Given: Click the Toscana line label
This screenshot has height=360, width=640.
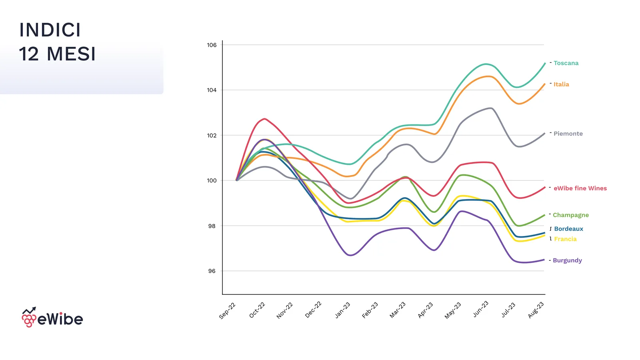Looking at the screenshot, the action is pos(566,63).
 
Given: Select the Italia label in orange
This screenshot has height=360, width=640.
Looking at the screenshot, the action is pos(561,84).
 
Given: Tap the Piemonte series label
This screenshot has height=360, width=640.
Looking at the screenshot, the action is pos(568,134).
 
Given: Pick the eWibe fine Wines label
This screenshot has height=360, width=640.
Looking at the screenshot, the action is pos(580,188).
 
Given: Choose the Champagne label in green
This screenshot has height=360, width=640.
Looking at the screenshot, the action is pos(570,215).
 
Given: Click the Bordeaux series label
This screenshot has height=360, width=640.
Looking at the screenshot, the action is pos(568,229).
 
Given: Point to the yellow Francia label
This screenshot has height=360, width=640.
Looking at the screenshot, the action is pos(565,239).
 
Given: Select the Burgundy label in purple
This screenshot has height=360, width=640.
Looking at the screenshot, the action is pos(567,260).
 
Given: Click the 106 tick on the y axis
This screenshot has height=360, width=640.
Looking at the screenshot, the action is pos(212,45).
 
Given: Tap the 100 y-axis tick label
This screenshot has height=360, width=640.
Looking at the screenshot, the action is pos(212,180).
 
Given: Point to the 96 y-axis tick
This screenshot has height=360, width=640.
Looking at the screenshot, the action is pos(212,271).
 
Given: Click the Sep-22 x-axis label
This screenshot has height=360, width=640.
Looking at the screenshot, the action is pos(227,311).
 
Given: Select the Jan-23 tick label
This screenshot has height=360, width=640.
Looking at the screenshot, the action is pos(342,310).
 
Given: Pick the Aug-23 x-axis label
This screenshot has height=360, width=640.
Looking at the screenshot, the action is pos(536,310).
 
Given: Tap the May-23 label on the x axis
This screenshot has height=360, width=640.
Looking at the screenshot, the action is pos(453,310).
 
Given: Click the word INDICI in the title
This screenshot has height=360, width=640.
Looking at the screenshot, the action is pos(50,30).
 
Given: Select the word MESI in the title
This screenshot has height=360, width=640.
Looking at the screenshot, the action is pos(71,54).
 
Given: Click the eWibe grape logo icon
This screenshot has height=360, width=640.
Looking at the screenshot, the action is pos(29,318).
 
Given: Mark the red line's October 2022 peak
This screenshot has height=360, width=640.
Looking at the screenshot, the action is pos(265,118).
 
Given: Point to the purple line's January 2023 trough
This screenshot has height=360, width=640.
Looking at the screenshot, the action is pos(350,255).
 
